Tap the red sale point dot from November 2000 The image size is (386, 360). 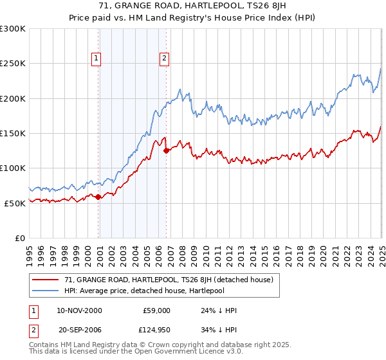(98, 197)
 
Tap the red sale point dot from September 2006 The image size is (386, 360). (167, 151)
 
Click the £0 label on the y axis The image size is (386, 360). (20, 238)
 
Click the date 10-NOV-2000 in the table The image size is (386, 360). (79, 310)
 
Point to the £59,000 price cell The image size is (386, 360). (156, 310)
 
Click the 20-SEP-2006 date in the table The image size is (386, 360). (80, 330)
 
